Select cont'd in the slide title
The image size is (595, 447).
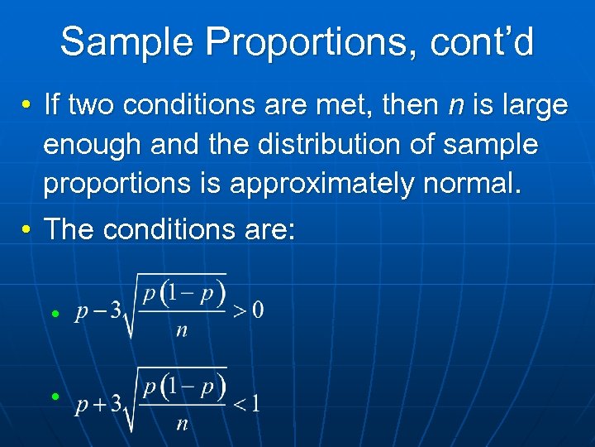click(x=482, y=41)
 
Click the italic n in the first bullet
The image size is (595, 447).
click(x=455, y=106)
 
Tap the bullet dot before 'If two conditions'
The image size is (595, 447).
click(x=28, y=106)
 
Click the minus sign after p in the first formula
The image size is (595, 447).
click(x=98, y=312)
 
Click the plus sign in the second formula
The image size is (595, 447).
click(x=98, y=405)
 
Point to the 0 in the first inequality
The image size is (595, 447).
click(x=257, y=311)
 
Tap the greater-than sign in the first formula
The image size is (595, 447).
click(x=238, y=312)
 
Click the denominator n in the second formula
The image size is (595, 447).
click(x=182, y=424)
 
